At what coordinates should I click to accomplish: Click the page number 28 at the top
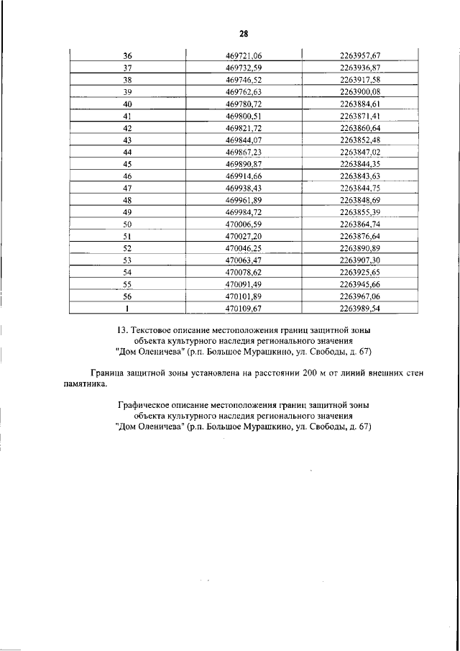243,34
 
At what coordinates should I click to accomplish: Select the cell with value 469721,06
244,56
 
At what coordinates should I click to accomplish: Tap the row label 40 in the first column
127,104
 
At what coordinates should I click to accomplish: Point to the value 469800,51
244,117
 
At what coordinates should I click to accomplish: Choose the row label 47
127,188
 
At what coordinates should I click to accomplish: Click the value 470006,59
244,224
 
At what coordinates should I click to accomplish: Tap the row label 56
127,296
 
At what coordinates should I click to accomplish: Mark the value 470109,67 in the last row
244,309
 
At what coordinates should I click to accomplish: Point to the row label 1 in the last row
127,309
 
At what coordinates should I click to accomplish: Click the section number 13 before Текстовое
121,329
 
